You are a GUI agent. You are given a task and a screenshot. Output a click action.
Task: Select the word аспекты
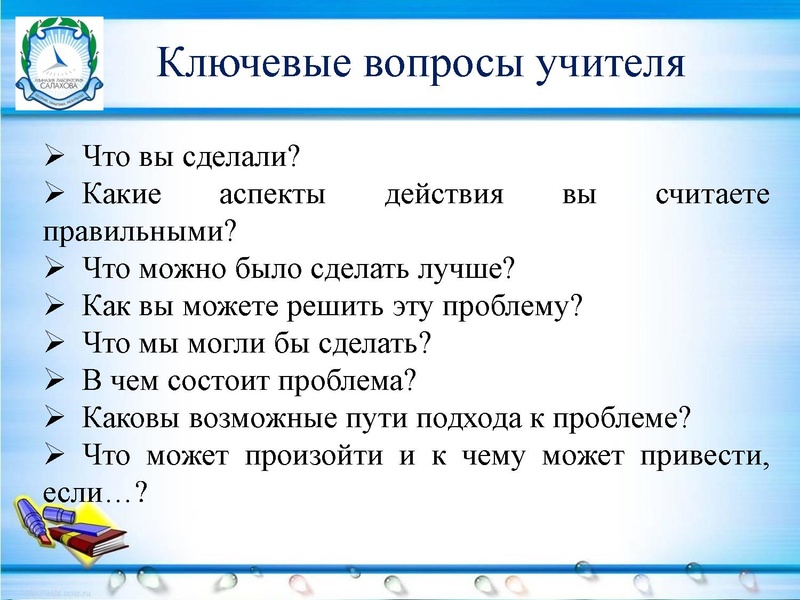coord(274,194)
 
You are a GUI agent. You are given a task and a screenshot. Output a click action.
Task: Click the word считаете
coord(712,194)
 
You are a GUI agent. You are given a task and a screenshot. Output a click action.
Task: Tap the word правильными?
coord(140,231)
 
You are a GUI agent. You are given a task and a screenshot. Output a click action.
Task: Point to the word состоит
coord(232,380)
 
